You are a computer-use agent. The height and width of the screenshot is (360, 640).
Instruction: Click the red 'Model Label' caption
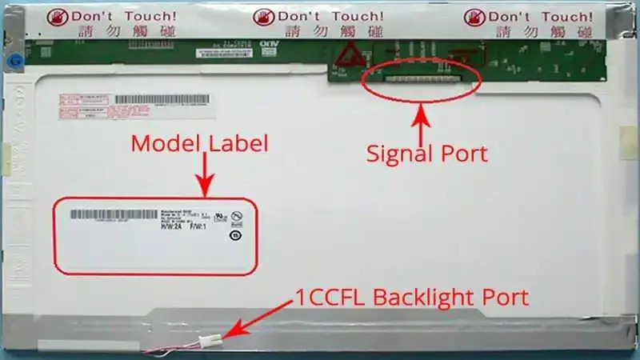(x=199, y=144)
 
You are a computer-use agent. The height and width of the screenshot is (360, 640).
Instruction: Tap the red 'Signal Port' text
(x=426, y=153)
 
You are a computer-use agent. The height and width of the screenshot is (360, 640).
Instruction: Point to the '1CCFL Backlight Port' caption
(x=412, y=298)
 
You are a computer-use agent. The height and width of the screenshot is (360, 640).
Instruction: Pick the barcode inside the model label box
(x=114, y=214)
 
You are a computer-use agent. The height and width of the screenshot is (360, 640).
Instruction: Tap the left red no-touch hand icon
(x=58, y=17)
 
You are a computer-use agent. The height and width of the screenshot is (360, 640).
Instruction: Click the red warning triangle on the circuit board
(x=346, y=56)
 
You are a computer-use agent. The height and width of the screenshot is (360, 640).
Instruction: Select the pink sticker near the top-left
(x=83, y=107)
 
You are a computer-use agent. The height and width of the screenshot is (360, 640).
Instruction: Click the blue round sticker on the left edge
(x=14, y=61)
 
